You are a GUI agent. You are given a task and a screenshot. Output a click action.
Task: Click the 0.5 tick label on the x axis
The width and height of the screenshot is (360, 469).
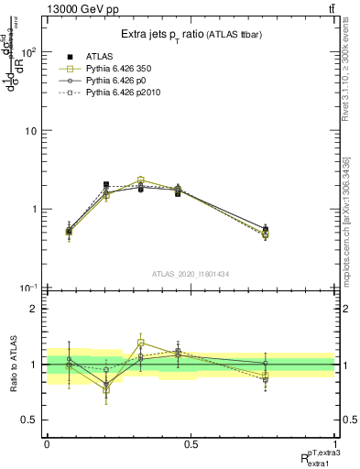pyautogui.click(x=191, y=444)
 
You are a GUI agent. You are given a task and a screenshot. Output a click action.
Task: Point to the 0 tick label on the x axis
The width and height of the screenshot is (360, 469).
pyautogui.click(x=47, y=444)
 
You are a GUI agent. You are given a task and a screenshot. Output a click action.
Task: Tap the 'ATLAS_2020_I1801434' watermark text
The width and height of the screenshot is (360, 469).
pyautogui.click(x=191, y=274)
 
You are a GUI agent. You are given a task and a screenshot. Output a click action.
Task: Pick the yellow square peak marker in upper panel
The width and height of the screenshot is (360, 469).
pyautogui.click(x=140, y=180)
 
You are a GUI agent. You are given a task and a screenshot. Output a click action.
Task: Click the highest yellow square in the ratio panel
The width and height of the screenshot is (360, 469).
pyautogui.click(x=140, y=343)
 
